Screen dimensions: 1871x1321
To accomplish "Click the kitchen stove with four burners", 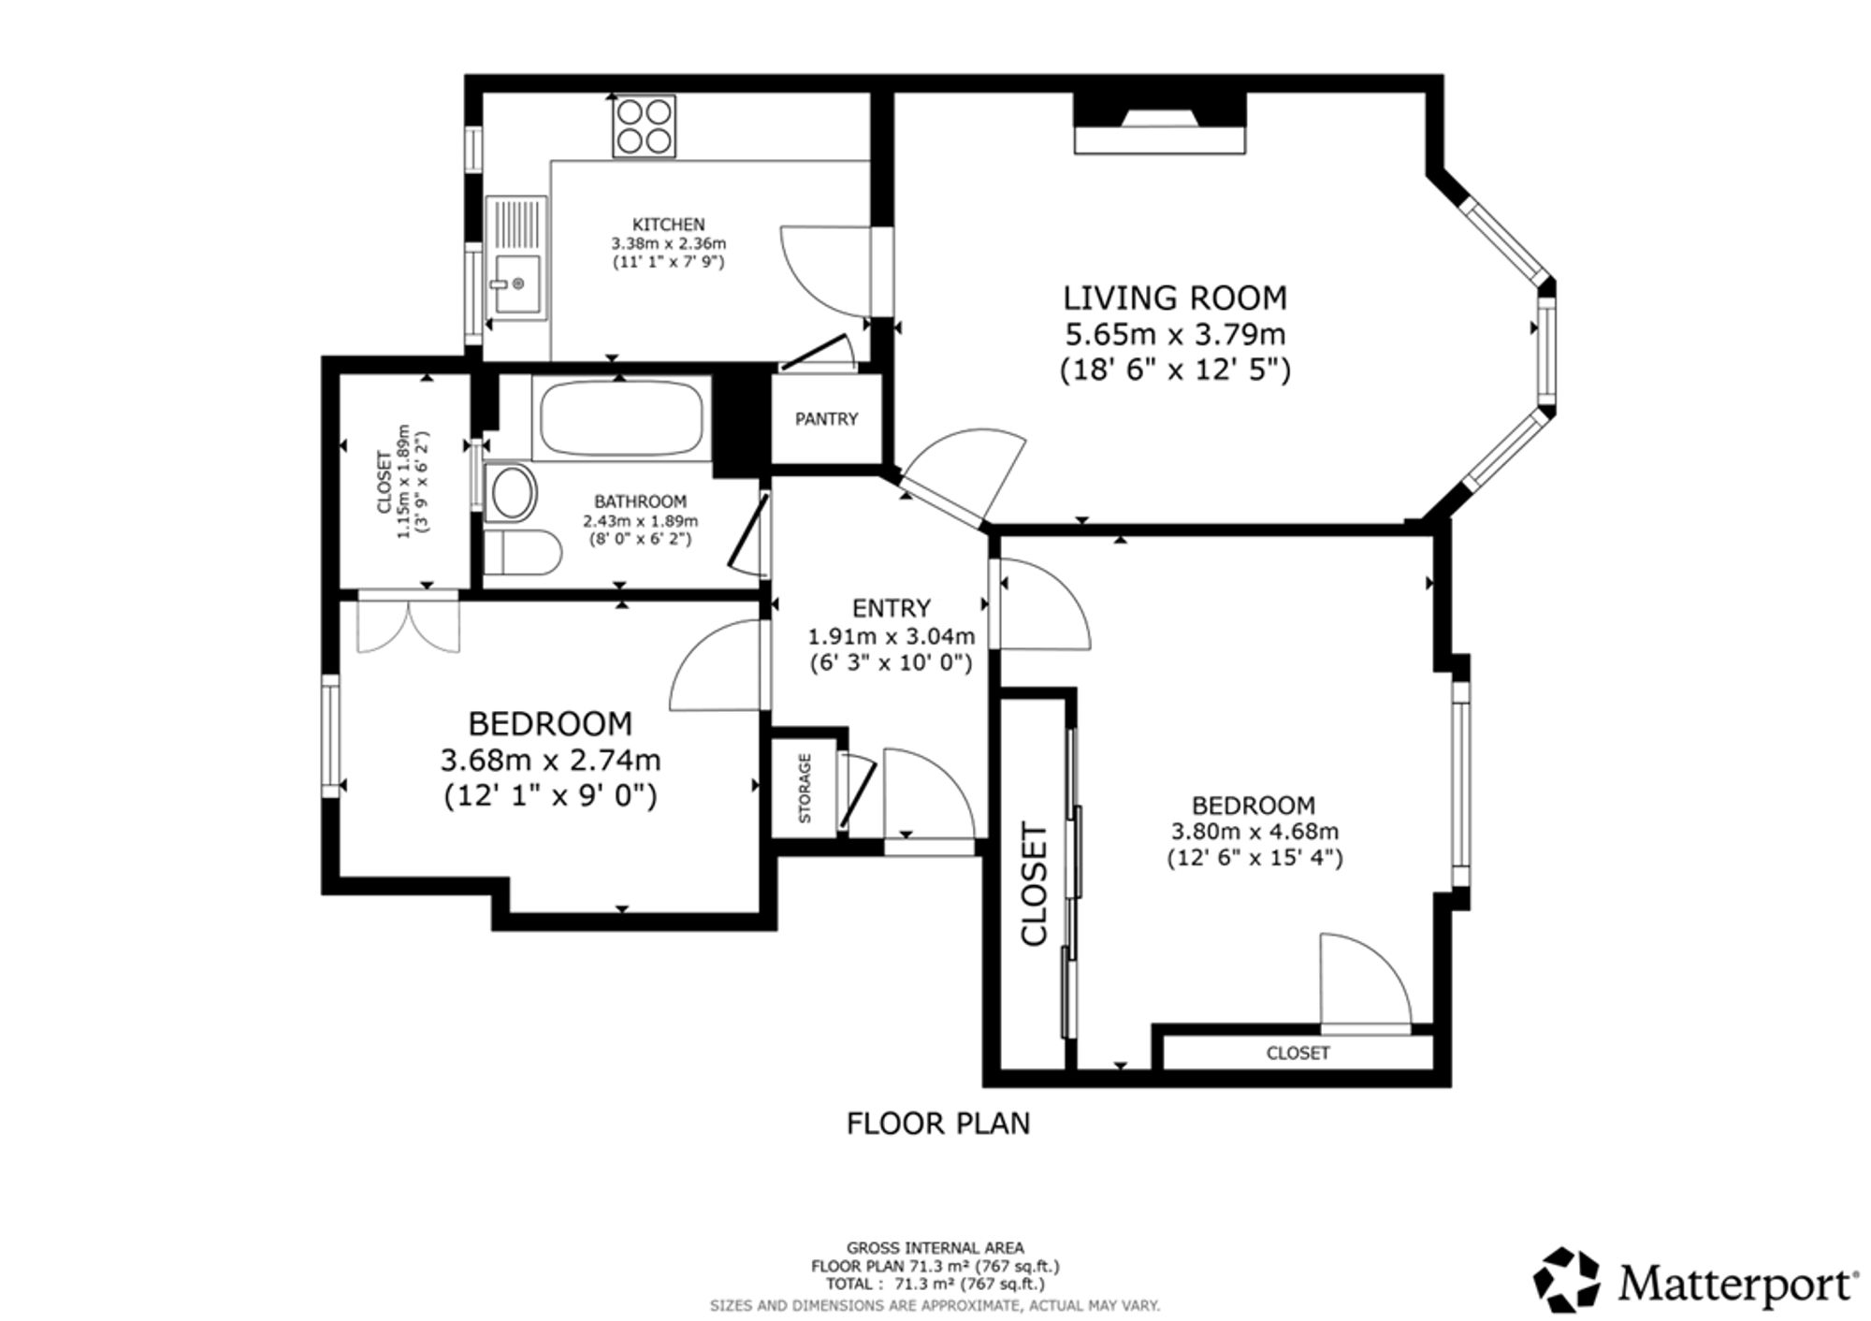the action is click(x=644, y=126).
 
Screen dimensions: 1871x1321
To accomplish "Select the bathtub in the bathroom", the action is click(x=618, y=417).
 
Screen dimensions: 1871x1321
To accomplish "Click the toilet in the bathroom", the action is click(x=522, y=553).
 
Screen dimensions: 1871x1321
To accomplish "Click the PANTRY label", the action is click(x=826, y=419).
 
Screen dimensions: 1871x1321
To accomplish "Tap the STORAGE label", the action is click(x=805, y=789).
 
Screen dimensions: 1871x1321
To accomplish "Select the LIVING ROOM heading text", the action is click(x=1175, y=298).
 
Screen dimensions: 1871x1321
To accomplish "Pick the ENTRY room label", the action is click(x=892, y=608).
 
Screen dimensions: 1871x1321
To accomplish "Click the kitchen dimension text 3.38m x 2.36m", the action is click(x=668, y=243).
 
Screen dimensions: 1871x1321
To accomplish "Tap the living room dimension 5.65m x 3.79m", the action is click(x=1175, y=334).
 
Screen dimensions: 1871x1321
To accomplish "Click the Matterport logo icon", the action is click(x=1565, y=1280).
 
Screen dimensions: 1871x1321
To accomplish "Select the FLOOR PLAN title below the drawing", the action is click(x=938, y=1123).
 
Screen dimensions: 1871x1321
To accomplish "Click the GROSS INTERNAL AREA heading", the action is click(x=935, y=1247).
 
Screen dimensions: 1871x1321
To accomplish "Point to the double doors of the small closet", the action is click(x=409, y=621).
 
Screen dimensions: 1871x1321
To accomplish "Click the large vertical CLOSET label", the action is click(x=1035, y=884).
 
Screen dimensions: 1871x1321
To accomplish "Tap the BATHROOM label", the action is click(x=641, y=501).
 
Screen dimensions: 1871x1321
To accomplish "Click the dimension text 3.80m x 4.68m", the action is click(x=1255, y=832).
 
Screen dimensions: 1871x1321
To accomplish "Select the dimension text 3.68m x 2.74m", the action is click(x=550, y=760).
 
